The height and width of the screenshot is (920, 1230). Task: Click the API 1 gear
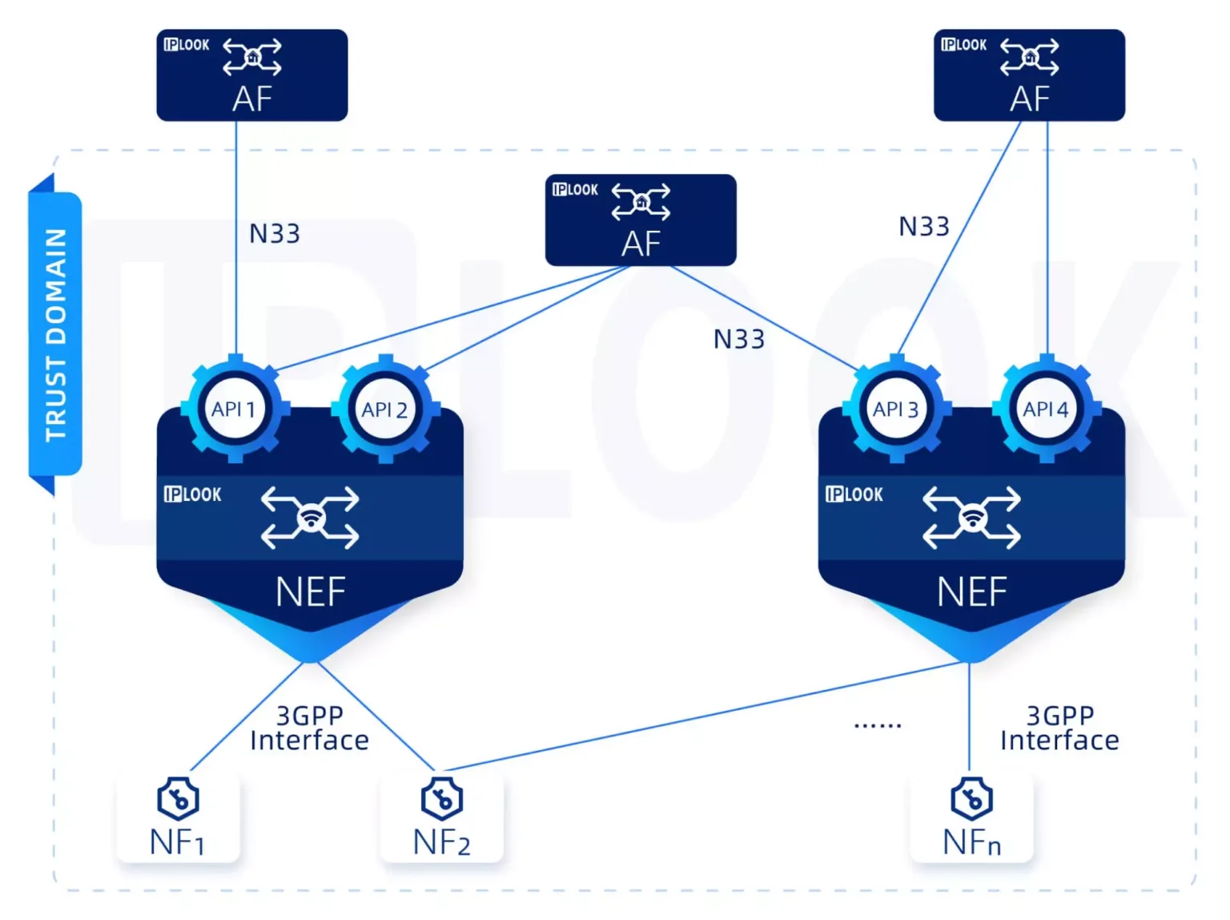(x=235, y=410)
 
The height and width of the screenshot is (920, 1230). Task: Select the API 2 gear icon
(x=385, y=410)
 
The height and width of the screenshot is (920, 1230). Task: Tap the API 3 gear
(x=896, y=410)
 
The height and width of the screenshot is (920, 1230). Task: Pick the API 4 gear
(x=1046, y=410)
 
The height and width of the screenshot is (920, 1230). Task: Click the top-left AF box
(x=251, y=75)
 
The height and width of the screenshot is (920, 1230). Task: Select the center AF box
(x=640, y=220)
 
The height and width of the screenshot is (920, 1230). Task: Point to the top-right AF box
(x=1029, y=75)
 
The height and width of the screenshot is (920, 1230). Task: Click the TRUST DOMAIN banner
(x=55, y=334)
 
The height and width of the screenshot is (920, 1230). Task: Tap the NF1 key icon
(x=178, y=798)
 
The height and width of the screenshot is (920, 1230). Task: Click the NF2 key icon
(x=441, y=798)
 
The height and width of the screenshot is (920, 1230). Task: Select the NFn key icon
(x=971, y=798)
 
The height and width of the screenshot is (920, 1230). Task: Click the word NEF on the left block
(x=310, y=593)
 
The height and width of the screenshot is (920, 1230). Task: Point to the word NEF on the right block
(x=971, y=593)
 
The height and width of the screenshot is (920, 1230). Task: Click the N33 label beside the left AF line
(x=275, y=234)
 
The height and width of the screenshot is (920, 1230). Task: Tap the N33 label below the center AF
(x=738, y=340)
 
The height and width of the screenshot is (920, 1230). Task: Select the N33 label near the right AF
(x=923, y=227)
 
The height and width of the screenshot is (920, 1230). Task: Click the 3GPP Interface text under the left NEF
(x=309, y=728)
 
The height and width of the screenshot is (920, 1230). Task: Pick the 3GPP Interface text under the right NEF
(x=1059, y=728)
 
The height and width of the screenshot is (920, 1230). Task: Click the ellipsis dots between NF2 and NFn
(x=878, y=724)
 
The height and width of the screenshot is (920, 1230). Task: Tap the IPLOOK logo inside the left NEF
(x=192, y=494)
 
